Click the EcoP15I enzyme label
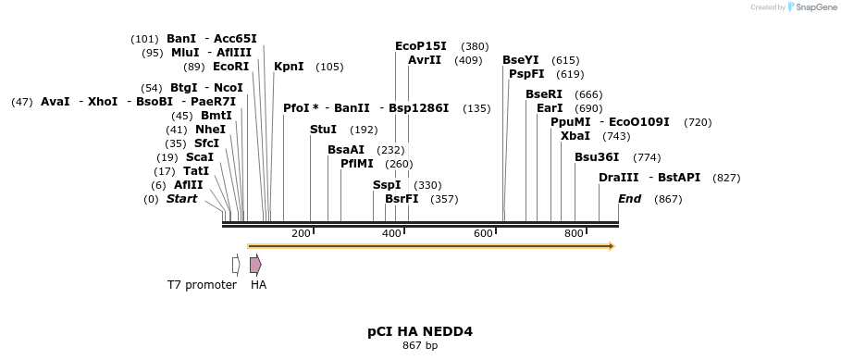point(420,46)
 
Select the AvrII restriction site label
point(425,60)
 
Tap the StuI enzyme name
point(323,130)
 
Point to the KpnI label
point(289,67)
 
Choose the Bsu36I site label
point(596,157)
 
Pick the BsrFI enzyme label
point(402,199)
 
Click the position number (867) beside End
point(667,199)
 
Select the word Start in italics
point(181,199)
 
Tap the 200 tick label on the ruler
point(301,233)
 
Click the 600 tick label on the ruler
point(483,233)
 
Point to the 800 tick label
point(574,233)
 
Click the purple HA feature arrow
point(255,265)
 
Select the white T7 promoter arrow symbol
point(236,265)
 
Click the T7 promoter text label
point(202,285)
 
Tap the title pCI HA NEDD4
point(420,330)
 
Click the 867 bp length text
point(420,346)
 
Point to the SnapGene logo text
point(816,7)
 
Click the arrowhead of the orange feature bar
point(612,246)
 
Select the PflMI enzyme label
point(356,164)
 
